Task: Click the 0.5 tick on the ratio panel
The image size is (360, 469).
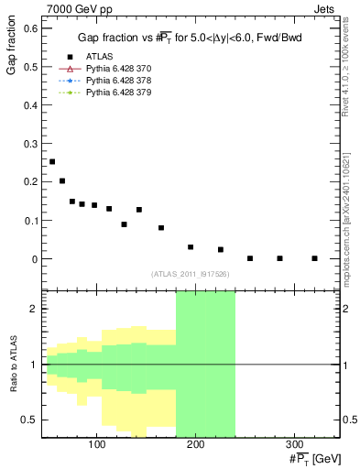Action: click(29, 420)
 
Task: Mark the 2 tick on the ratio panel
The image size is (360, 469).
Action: click(33, 309)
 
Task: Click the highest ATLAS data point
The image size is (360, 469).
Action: click(52, 161)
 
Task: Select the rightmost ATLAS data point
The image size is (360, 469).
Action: click(314, 258)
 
